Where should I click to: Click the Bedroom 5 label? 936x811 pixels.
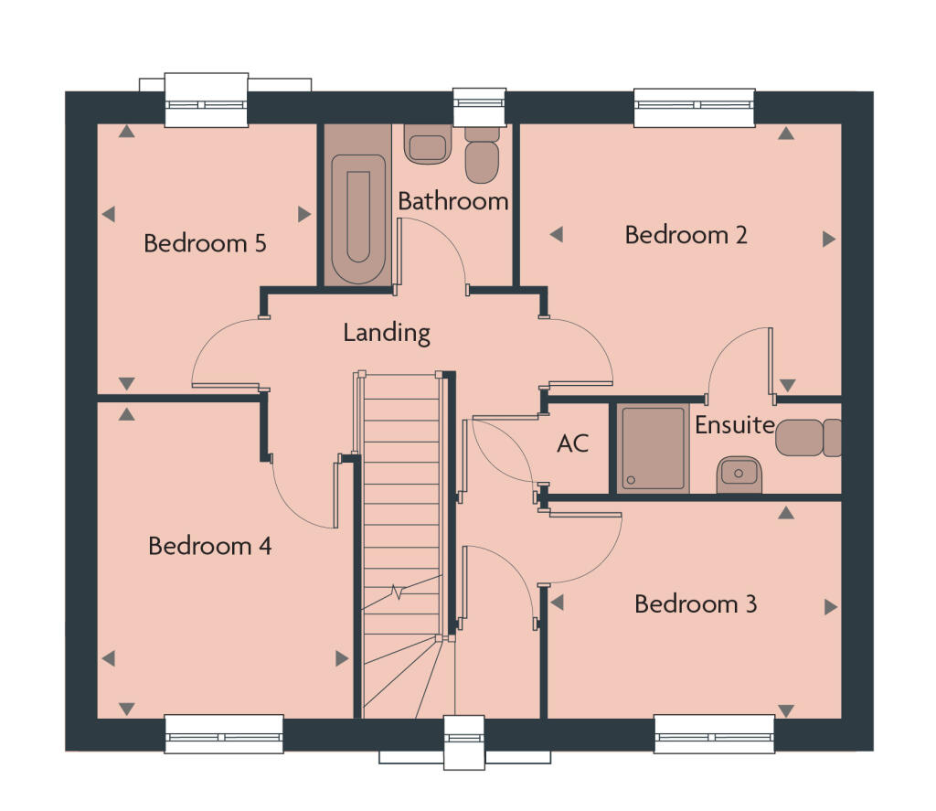(205, 244)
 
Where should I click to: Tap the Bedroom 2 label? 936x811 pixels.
(686, 235)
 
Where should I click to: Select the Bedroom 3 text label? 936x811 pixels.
(695, 604)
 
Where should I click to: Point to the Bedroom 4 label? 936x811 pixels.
(209, 546)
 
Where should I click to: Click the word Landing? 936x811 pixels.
(386, 332)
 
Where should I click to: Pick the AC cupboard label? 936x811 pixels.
(573, 444)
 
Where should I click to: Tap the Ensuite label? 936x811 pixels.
(734, 425)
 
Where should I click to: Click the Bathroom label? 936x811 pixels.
(452, 201)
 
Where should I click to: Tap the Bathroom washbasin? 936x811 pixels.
(428, 144)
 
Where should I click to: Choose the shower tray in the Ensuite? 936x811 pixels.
(653, 448)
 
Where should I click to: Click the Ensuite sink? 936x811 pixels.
(739, 474)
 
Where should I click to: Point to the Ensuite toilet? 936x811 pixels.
(809, 438)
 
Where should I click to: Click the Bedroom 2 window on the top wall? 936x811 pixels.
(695, 107)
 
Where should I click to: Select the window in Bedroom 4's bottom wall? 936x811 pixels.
(223, 734)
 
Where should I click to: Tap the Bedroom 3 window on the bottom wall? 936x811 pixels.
(715, 734)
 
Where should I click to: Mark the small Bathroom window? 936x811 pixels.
(479, 107)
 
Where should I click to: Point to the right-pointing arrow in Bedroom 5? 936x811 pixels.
(304, 214)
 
